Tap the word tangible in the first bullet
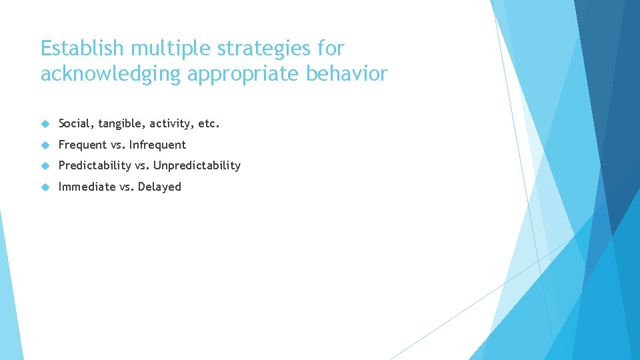tap(121, 124)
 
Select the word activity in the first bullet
tap(171, 124)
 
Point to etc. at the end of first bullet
tap(209, 123)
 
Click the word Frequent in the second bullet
tap(83, 145)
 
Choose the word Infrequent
tap(157, 145)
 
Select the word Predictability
tap(95, 165)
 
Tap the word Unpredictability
tap(197, 165)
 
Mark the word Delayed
tap(159, 187)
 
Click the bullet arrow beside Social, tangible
tap(45, 124)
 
